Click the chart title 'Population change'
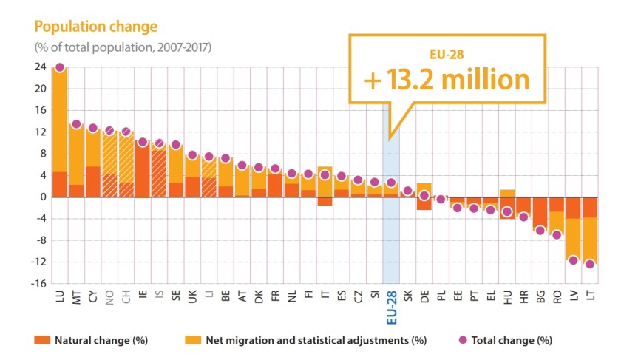pos(95,27)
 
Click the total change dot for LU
pos(59,68)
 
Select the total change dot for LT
pos(590,264)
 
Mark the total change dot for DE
pos(424,195)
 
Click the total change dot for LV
pos(573,260)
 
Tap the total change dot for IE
pos(143,142)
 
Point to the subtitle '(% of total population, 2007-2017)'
pos(122,47)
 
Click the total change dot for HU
pos(507,212)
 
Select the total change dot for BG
pos(540,231)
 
